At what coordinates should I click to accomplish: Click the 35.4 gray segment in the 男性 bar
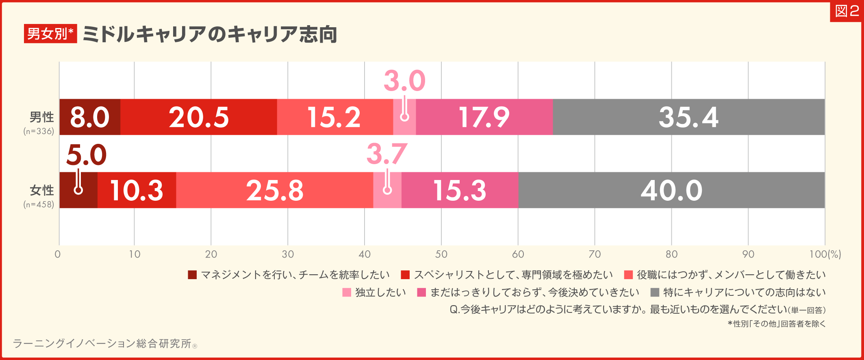[x=688, y=117]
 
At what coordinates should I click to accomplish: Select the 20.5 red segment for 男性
[x=198, y=117]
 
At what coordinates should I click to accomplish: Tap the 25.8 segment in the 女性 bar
[x=274, y=190]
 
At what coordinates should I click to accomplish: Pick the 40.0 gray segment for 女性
[x=671, y=190]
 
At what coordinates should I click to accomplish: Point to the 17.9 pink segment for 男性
[x=484, y=117]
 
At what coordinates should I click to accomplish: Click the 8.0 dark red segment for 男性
[x=89, y=117]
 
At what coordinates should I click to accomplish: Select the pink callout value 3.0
[x=404, y=80]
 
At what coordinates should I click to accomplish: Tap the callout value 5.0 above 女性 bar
[x=86, y=155]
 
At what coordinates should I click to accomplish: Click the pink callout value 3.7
[x=386, y=154]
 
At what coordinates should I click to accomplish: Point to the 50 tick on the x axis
[x=441, y=254]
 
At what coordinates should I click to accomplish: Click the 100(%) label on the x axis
[x=825, y=254]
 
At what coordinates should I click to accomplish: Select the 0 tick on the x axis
[x=58, y=254]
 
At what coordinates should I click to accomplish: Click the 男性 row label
[x=41, y=117]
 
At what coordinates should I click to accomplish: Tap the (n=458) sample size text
[x=39, y=204]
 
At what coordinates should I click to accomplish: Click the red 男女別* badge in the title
[x=50, y=34]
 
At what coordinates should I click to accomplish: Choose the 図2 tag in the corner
[x=847, y=11]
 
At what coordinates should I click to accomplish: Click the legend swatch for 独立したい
[x=347, y=293]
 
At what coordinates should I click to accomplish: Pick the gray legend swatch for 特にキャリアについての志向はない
[x=655, y=293]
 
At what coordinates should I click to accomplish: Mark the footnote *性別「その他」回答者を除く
[x=776, y=324]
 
